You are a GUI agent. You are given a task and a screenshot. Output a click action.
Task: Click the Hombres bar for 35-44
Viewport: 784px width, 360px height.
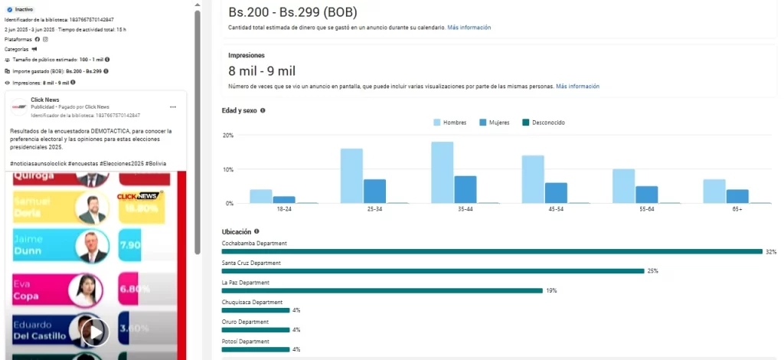pyautogui.click(x=442, y=173)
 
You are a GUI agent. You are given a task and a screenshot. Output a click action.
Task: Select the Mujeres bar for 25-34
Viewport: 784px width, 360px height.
pyautogui.click(x=374, y=191)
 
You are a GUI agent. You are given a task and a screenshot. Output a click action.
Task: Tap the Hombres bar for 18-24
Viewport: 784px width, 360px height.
pyautogui.click(x=261, y=196)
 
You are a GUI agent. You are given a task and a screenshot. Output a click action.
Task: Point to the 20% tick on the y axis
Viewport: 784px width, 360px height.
pyautogui.click(x=227, y=136)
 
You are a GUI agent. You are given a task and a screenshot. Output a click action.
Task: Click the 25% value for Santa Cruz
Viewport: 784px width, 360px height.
pyautogui.click(x=652, y=271)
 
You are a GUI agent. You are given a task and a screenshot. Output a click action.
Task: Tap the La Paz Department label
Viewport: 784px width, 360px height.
pyautogui.click(x=245, y=283)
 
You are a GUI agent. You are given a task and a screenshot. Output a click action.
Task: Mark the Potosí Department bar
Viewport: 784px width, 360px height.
pyautogui.click(x=256, y=349)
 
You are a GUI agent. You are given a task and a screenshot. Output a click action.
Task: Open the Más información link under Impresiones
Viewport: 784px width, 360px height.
pyautogui.click(x=577, y=87)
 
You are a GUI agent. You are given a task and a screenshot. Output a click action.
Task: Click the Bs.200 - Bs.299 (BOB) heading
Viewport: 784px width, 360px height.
pyautogui.click(x=292, y=12)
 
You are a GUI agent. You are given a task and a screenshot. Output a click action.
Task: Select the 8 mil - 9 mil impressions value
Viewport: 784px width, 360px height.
pyautogui.click(x=262, y=71)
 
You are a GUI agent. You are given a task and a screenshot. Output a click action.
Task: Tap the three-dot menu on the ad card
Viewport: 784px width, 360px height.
pyautogui.click(x=173, y=106)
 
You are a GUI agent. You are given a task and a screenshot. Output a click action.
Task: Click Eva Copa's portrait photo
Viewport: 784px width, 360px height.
pyautogui.click(x=85, y=290)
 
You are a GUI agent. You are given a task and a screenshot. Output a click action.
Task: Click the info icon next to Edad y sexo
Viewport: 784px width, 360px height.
pyautogui.click(x=263, y=110)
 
